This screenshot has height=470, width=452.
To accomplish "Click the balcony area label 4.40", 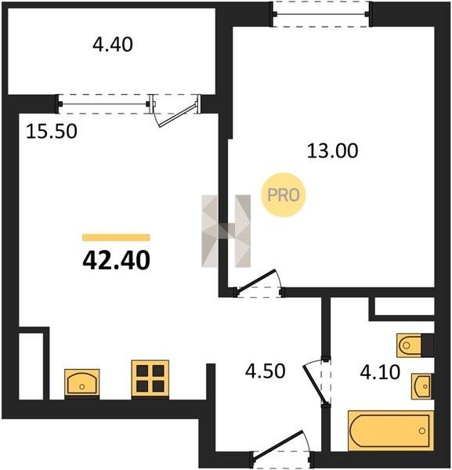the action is pyautogui.click(x=113, y=45).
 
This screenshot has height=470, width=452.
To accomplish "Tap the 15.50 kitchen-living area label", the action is pyautogui.click(x=52, y=132).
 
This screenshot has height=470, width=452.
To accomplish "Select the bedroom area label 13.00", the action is pyautogui.click(x=333, y=150).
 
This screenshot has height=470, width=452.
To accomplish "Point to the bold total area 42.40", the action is pyautogui.click(x=116, y=260).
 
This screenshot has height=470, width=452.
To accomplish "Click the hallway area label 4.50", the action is pyautogui.click(x=266, y=371).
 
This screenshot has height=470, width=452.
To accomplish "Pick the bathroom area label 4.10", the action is pyautogui.click(x=380, y=372).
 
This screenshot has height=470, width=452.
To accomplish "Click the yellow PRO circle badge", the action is pyautogui.click(x=284, y=195).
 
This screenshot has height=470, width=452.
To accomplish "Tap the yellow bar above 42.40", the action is pyautogui.click(x=116, y=237).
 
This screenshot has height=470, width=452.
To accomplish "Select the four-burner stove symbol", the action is pyautogui.click(x=150, y=379).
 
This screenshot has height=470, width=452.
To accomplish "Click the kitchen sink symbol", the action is pyautogui.click(x=82, y=383).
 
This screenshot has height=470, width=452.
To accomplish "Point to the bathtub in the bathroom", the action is pyautogui.click(x=391, y=430).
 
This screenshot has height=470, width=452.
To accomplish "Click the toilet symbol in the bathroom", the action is pyautogui.click(x=415, y=345).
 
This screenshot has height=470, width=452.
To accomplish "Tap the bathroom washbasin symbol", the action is pyautogui.click(x=422, y=386).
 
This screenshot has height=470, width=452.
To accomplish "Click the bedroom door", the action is pyautogui.click(x=258, y=284).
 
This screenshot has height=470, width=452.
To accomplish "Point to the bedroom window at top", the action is pyautogui.click(x=322, y=14).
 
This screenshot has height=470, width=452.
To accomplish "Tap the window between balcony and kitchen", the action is pyautogui.click(x=104, y=104).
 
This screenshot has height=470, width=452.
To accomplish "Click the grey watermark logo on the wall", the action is pyautogui.click(x=226, y=231).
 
